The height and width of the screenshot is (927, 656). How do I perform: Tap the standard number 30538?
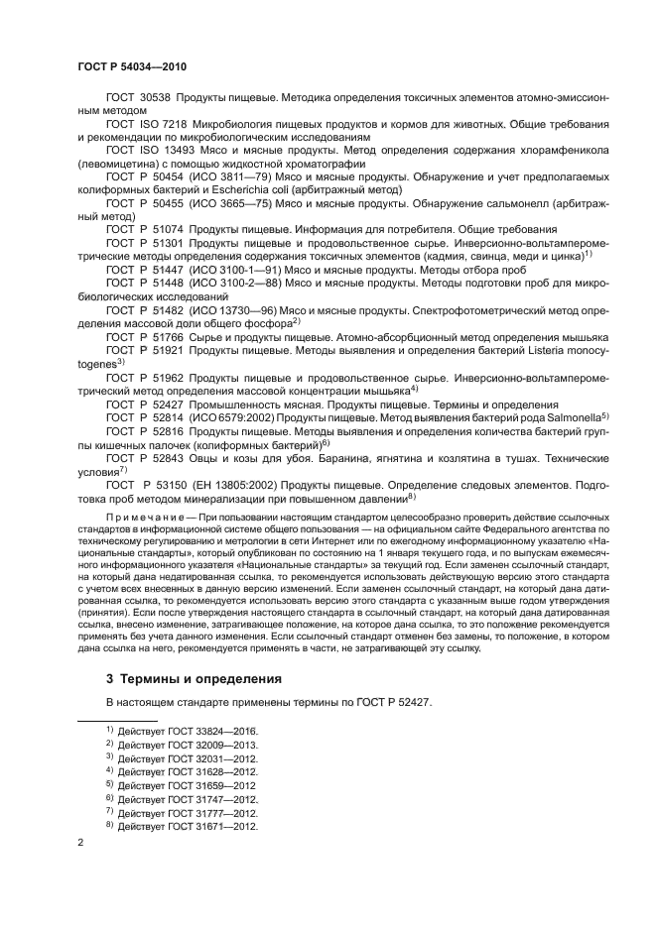click(155, 100)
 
